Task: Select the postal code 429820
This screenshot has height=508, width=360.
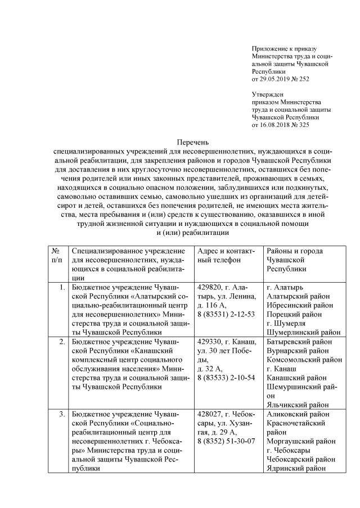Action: click(211, 287)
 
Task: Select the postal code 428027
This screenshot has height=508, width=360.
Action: click(211, 414)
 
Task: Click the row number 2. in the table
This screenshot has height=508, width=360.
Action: click(62, 341)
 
